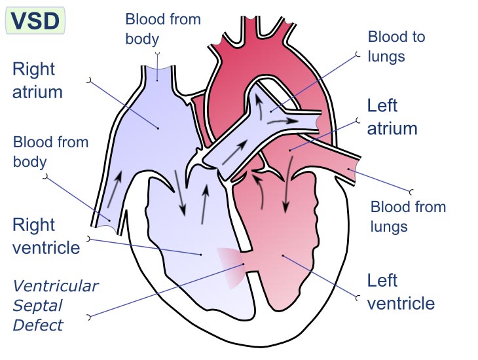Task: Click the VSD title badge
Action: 35,20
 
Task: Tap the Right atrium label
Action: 37,81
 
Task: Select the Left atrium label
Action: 392,117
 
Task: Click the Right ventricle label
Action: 46,236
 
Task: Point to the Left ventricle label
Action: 401,292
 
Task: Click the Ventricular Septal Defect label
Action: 56,306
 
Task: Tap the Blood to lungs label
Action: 396,46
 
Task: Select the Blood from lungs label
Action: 408,217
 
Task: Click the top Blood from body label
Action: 163,29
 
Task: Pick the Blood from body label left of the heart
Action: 50,152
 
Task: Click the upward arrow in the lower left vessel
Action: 115,189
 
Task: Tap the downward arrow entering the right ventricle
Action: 180,192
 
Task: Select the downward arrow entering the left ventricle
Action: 287,185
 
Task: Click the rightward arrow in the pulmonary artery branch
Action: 283,121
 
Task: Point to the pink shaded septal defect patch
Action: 230,268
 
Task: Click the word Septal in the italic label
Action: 37,306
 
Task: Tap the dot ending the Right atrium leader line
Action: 158,128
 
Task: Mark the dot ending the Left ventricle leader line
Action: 283,255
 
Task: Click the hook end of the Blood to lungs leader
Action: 358,54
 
